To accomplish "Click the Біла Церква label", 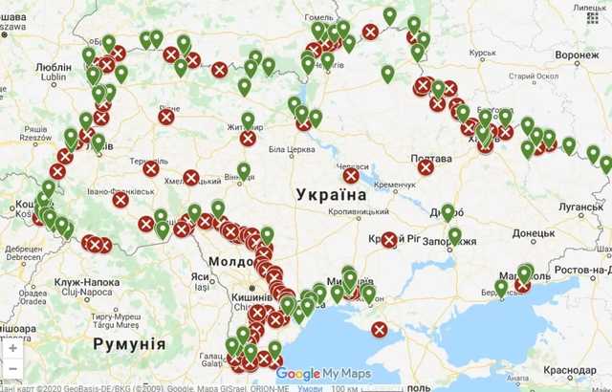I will click(291, 150).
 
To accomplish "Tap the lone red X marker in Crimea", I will click(380, 330).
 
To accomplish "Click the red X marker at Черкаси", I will click(351, 175).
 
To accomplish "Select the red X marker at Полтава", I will click(426, 166).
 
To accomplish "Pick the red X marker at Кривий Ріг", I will click(389, 239).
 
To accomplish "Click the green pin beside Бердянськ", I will click(501, 287).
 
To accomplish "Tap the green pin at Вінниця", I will click(244, 170).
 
